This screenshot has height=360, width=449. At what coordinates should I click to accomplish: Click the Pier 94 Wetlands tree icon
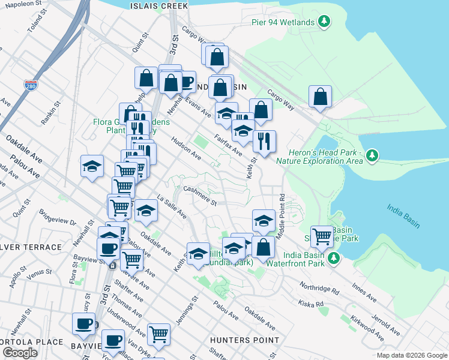pyautogui.click(x=325, y=22)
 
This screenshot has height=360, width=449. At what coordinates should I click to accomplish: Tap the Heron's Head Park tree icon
pyautogui.click(x=373, y=155)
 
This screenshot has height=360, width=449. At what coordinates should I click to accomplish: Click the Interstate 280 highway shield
pyautogui.click(x=31, y=86)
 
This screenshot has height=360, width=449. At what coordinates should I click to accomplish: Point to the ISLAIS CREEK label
pyautogui.click(x=159, y=5)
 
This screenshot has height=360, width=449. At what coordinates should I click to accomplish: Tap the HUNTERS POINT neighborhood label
pyautogui.click(x=244, y=340)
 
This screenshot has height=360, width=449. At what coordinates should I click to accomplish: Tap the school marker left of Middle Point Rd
pyautogui.click(x=264, y=221)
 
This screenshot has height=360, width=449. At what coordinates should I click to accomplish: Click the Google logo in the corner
pyautogui.click(x=20, y=353)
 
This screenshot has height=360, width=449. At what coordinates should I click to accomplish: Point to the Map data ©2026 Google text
pyautogui.click(x=412, y=355)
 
